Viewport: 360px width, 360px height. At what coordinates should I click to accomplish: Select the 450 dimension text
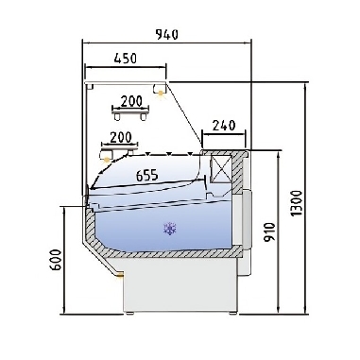pos(125,59)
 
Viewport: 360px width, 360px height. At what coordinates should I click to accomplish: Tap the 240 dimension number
pos(224,123)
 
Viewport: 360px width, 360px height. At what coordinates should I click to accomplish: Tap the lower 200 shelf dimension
pos(121,136)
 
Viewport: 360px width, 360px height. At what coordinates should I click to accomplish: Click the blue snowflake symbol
pos(171,228)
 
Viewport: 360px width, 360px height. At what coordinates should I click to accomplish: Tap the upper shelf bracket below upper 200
pos(129,115)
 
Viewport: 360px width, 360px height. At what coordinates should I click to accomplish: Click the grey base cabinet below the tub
pos(180,288)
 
